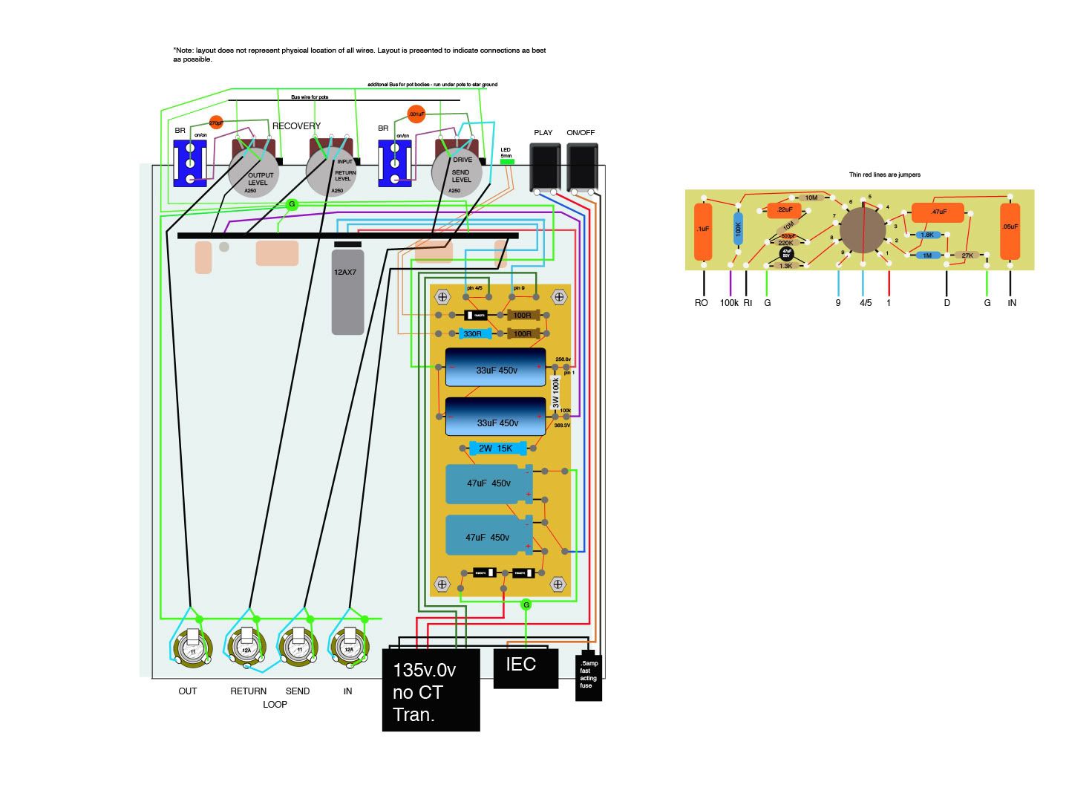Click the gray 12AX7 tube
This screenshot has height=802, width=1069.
click(347, 291)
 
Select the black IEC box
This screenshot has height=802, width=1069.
click(526, 667)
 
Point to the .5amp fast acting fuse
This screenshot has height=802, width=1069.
click(589, 676)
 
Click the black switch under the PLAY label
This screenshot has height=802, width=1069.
click(544, 167)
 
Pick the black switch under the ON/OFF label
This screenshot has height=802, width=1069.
click(582, 167)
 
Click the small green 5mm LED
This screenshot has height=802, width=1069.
click(507, 161)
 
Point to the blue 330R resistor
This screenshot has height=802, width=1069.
click(472, 334)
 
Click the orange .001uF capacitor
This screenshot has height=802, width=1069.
click(416, 114)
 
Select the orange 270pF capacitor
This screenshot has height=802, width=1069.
click(216, 123)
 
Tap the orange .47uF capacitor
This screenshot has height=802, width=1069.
click(938, 212)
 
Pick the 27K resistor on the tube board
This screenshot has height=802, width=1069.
click(967, 255)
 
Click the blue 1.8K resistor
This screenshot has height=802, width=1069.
click(926, 235)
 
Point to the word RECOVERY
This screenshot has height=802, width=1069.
click(296, 126)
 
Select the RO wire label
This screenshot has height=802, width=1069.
click(701, 303)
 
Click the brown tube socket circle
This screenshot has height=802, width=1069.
click(863, 229)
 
